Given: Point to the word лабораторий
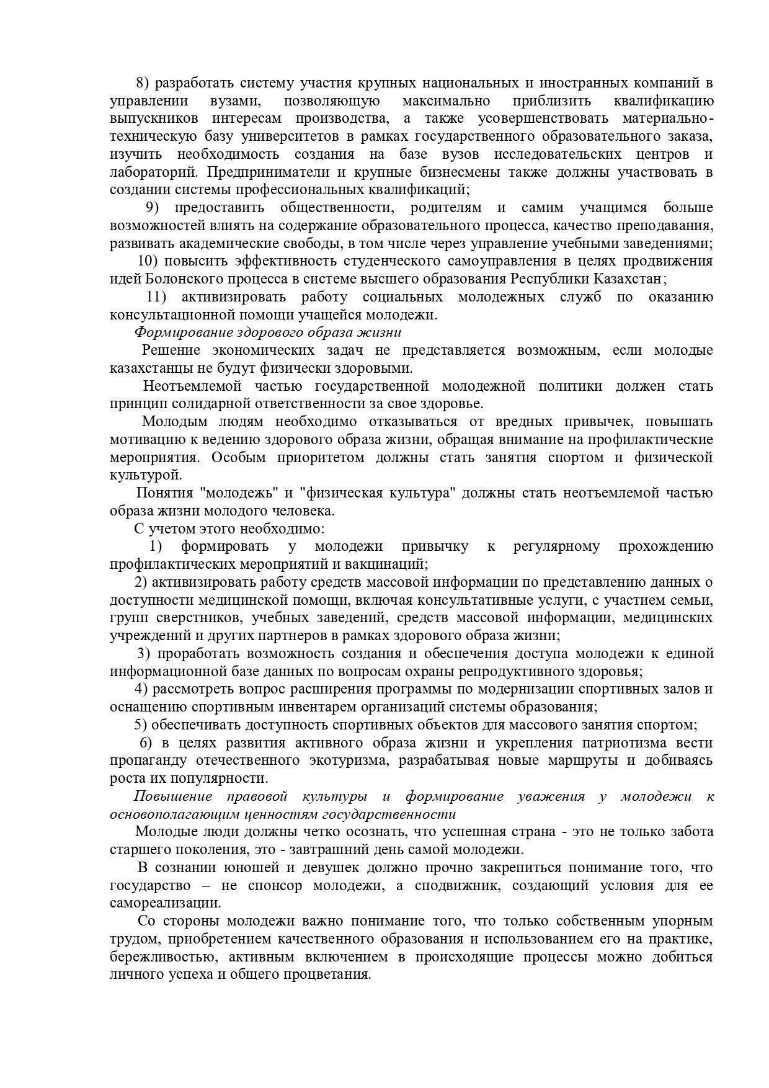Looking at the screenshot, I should [x=155, y=172].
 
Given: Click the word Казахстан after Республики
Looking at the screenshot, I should [x=629, y=279].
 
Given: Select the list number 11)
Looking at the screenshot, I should [x=158, y=297].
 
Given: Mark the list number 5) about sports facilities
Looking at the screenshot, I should [x=141, y=725].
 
